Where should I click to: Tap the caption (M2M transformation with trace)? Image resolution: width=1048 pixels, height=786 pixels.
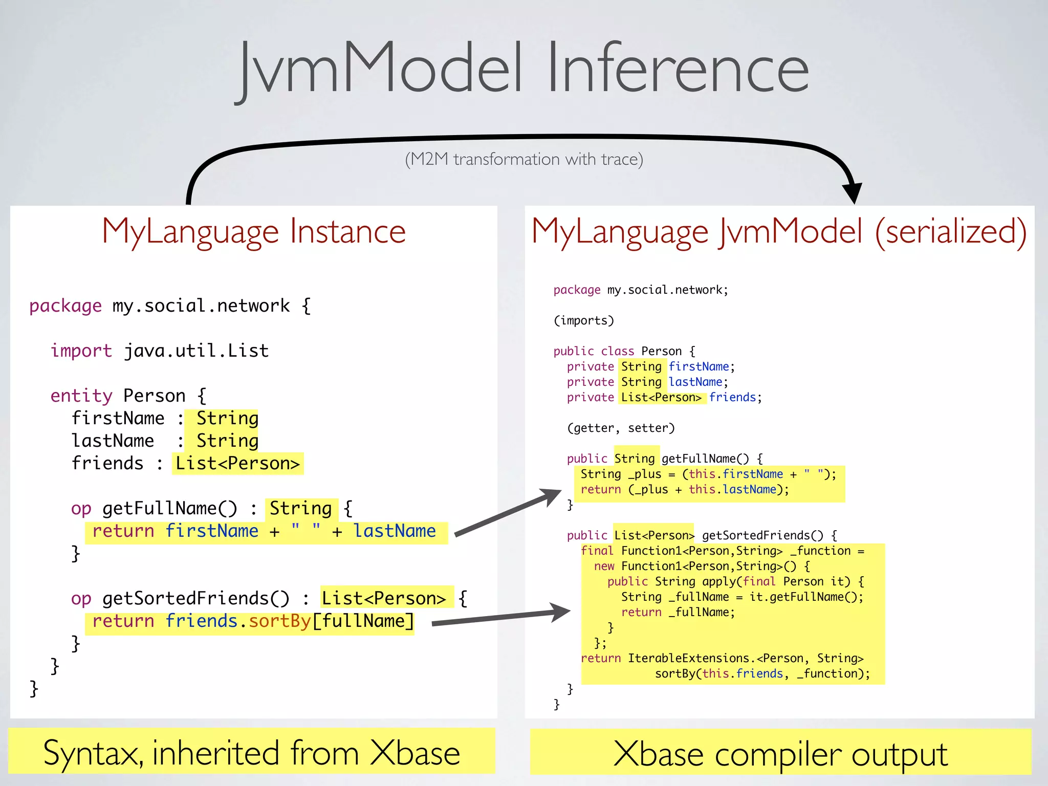(x=524, y=159)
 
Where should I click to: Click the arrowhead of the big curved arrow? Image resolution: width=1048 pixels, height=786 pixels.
(x=852, y=192)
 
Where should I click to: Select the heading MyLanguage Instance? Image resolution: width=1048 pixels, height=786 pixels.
(x=254, y=231)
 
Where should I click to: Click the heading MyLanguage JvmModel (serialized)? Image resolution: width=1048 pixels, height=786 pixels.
(x=779, y=231)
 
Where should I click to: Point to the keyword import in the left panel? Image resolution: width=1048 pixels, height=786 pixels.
(x=81, y=351)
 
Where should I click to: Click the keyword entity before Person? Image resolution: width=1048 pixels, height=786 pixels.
(x=81, y=396)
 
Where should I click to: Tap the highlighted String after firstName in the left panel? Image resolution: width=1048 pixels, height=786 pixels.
(x=227, y=419)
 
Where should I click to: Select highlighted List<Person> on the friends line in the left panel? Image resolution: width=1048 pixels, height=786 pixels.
(x=237, y=464)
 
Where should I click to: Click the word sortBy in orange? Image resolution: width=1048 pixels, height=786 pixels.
(x=279, y=621)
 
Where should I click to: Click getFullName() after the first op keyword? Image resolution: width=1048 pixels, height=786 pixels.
(x=170, y=509)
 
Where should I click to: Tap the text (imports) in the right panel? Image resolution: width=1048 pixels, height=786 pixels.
(x=583, y=321)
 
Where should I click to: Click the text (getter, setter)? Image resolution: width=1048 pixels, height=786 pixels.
(x=621, y=428)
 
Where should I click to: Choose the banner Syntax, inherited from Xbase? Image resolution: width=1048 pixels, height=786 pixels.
(x=252, y=752)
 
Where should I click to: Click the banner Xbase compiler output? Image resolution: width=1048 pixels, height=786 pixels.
(x=780, y=753)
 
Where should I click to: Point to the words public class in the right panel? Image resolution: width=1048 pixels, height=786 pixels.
(x=594, y=352)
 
